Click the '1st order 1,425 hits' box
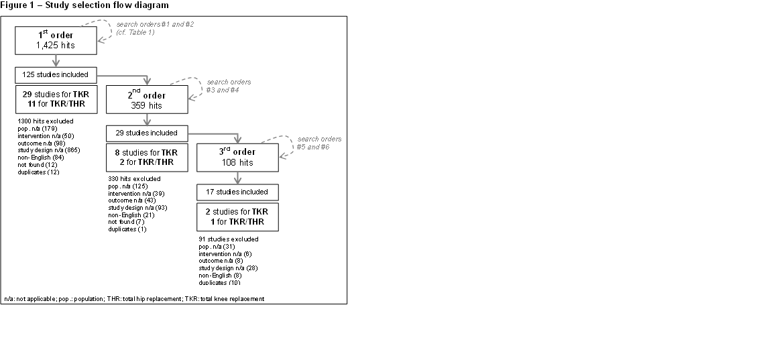[56, 41]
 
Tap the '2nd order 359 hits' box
[147, 100]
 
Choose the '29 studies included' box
[147, 133]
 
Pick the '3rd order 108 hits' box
[237, 158]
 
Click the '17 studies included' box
[237, 192]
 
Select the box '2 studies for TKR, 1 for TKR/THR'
[237, 217]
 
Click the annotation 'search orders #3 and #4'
[228, 86]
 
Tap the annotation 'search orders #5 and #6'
[319, 143]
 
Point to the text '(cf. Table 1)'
[135, 33]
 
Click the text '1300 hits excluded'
[46, 121]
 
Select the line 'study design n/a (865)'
[49, 150]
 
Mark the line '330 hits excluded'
[134, 179]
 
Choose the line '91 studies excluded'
[228, 239]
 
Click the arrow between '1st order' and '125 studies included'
[56, 61]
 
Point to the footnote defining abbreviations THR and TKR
[134, 298]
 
